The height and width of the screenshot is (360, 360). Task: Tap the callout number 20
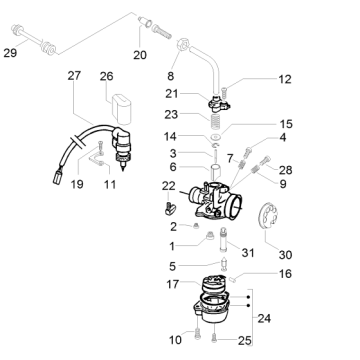[139, 54]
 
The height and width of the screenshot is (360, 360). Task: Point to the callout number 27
[74, 77]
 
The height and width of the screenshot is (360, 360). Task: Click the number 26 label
[107, 77]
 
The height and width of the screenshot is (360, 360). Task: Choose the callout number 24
[265, 320]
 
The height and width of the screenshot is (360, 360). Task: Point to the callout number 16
[284, 272]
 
